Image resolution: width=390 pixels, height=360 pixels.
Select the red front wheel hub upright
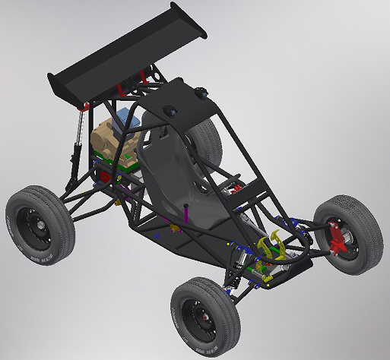(335, 239)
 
